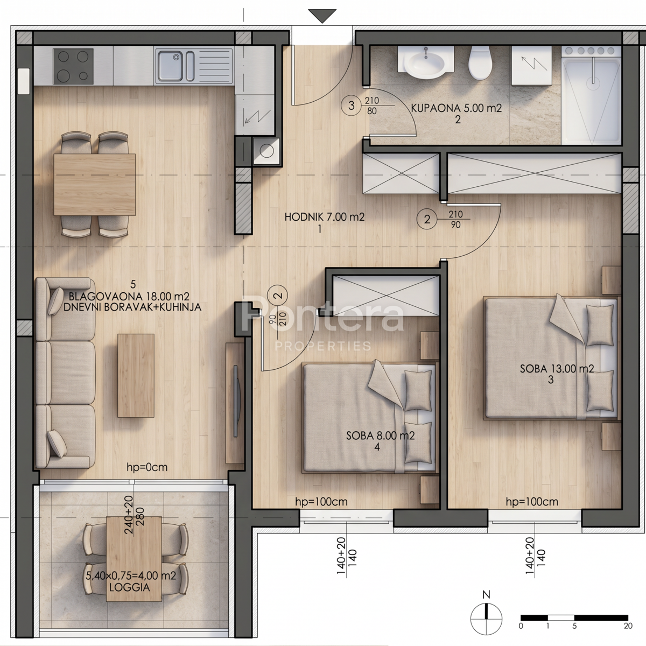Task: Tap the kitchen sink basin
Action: tap(171, 66)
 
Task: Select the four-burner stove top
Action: tap(73, 66)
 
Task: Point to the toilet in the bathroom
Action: tap(480, 62)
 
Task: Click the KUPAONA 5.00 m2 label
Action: tap(457, 108)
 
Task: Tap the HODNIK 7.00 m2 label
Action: tap(324, 217)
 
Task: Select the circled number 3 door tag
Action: tap(351, 106)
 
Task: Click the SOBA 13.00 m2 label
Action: tap(557, 369)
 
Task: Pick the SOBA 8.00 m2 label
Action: tap(381, 436)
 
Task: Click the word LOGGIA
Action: tap(129, 587)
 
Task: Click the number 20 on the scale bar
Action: tap(628, 626)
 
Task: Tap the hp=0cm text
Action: tap(147, 467)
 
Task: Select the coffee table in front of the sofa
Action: tap(136, 375)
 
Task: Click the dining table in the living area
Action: tap(95, 185)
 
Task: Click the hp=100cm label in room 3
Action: tap(532, 502)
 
